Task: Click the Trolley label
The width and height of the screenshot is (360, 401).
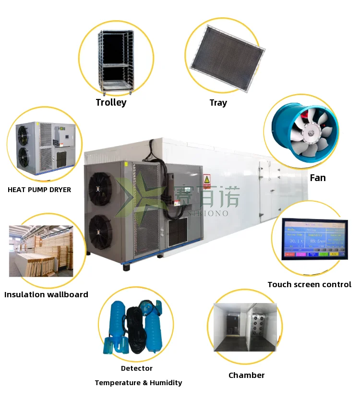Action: pyautogui.click(x=111, y=102)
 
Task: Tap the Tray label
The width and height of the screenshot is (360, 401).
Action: pyautogui.click(x=218, y=103)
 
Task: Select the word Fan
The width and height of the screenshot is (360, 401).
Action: pyautogui.click(x=317, y=178)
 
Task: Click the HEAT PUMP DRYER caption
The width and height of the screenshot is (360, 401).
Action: pyautogui.click(x=39, y=190)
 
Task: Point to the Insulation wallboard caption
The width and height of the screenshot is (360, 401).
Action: pyautogui.click(x=46, y=294)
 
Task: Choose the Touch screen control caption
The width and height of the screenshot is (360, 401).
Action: pyautogui.click(x=309, y=284)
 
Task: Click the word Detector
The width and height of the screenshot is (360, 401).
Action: pyautogui.click(x=137, y=368)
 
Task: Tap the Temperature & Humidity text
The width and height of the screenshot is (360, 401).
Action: pyautogui.click(x=138, y=383)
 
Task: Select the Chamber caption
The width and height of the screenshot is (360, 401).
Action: pyautogui.click(x=246, y=375)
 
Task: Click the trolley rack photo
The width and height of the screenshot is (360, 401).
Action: pyautogui.click(x=116, y=60)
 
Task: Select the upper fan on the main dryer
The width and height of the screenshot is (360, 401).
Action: pyautogui.click(x=100, y=184)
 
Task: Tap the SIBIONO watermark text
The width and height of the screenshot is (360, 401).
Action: pyautogui.click(x=211, y=213)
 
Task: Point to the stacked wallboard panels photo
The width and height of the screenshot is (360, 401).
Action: pyautogui.click(x=41, y=251)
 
